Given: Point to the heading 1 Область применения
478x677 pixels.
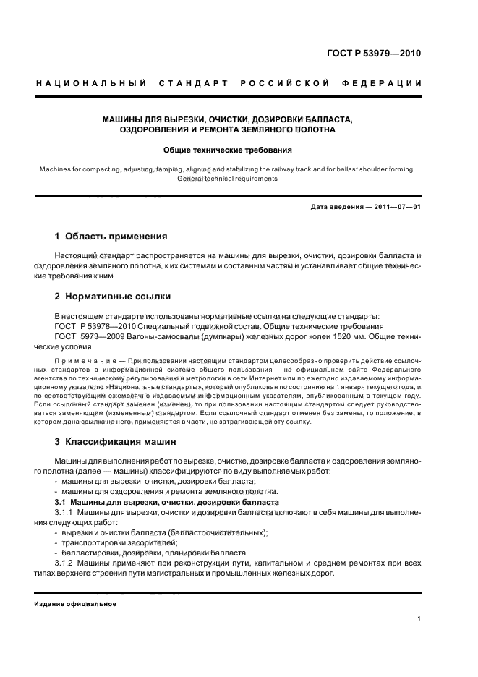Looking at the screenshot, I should [x=111, y=237].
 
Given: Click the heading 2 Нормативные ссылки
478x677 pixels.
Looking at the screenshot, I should [x=114, y=297].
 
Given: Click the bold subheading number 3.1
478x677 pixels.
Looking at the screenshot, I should [x=62, y=502].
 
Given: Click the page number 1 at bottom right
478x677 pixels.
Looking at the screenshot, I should [x=419, y=618].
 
